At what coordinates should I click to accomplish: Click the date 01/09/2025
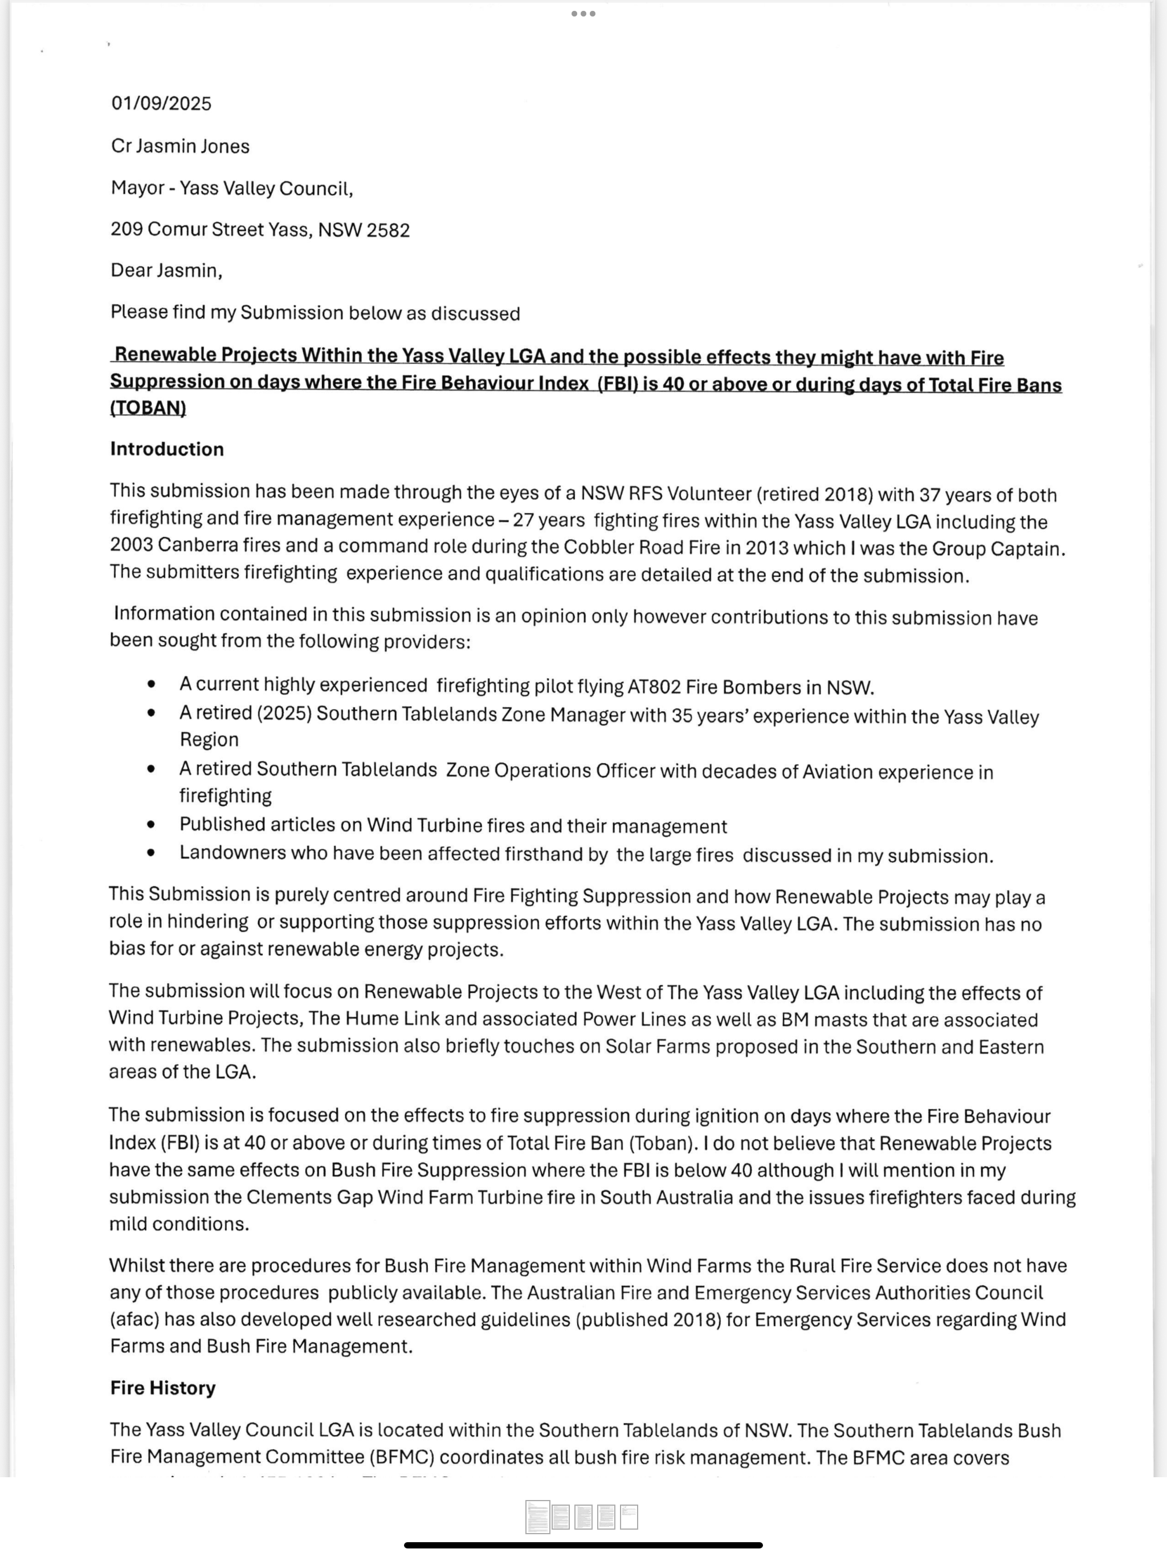click(x=161, y=104)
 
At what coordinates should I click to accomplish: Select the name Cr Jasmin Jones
click(x=180, y=146)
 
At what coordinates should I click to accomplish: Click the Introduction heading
click(x=167, y=449)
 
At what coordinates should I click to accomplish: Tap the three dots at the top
click(x=583, y=13)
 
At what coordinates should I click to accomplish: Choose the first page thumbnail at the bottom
click(x=538, y=1517)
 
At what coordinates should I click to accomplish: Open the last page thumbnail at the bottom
click(x=629, y=1517)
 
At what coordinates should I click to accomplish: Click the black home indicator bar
click(x=583, y=1545)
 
